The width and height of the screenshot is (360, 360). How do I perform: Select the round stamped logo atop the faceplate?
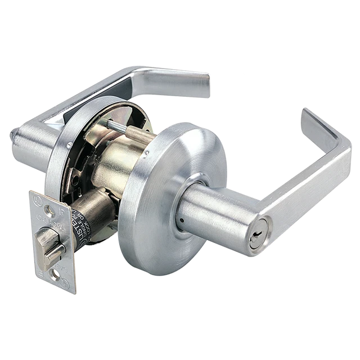click(x=37, y=198)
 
